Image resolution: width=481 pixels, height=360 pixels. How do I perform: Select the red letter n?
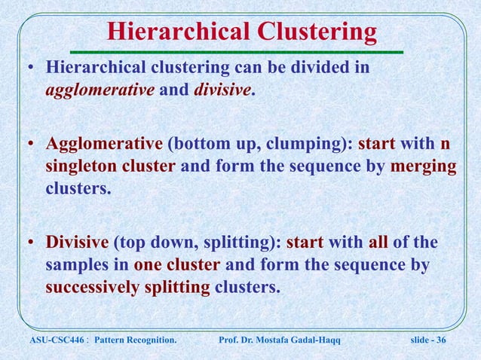coord(446,144)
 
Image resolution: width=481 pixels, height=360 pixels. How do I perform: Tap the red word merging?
coord(424,166)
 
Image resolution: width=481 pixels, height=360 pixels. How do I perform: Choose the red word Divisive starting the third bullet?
coord(78,243)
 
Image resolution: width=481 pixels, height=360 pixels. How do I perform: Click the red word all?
coord(378,243)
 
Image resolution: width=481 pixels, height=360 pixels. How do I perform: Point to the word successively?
coord(97,287)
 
